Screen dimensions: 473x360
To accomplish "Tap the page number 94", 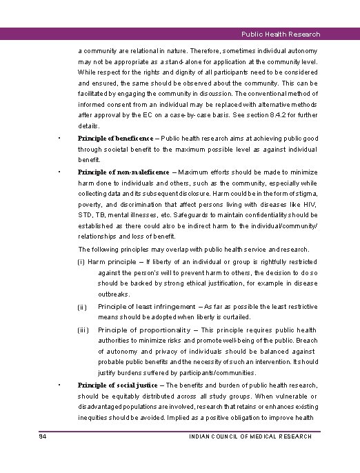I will pos(43,436).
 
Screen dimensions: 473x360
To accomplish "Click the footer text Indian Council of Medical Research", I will pos(250,436).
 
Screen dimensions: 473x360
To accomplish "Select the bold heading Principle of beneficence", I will pos(116,139).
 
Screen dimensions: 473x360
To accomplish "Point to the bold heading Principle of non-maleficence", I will pos(121,172).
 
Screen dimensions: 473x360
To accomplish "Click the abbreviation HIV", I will pos(310,205).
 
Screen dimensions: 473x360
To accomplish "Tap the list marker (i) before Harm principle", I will pos(81,262).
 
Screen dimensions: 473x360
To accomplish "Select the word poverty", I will pos(90,205).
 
